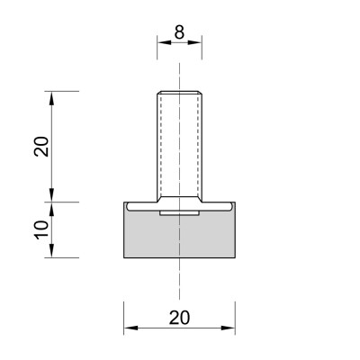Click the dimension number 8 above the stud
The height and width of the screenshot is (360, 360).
(x=179, y=32)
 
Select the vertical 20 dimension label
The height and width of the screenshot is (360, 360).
(x=41, y=146)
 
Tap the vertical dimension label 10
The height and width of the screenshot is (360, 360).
(x=41, y=229)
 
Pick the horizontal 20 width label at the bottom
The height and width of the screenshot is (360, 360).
(x=179, y=318)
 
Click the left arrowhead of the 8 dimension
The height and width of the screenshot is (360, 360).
(x=164, y=42)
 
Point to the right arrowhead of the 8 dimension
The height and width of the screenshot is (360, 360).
(x=195, y=42)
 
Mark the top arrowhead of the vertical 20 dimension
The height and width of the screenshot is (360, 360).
(x=52, y=98)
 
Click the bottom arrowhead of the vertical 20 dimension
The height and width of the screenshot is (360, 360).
(x=52, y=195)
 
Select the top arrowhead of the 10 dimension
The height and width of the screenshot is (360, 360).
(x=52, y=209)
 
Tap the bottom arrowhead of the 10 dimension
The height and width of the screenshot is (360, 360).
(x=52, y=250)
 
